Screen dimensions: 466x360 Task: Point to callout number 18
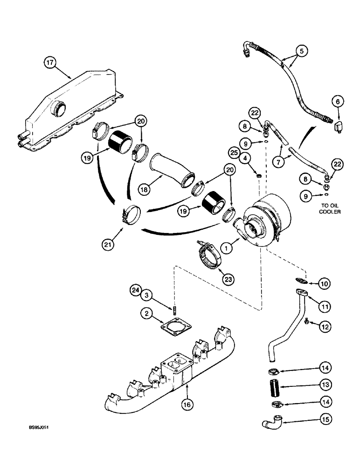145,188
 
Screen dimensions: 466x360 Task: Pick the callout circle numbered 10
323,283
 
